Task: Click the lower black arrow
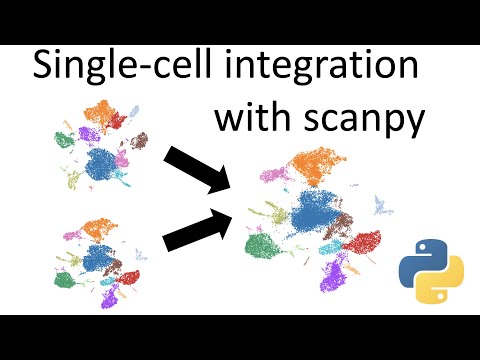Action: point(196,229)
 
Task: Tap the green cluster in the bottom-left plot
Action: point(67,279)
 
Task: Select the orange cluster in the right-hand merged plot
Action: point(318,160)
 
